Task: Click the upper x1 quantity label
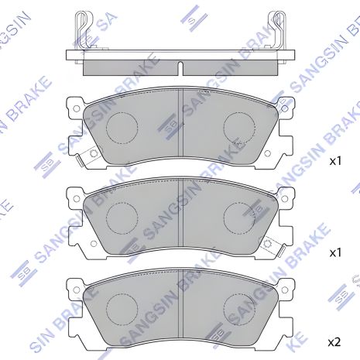point(335,162)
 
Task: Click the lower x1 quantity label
point(335,252)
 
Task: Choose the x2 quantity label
point(335,341)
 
